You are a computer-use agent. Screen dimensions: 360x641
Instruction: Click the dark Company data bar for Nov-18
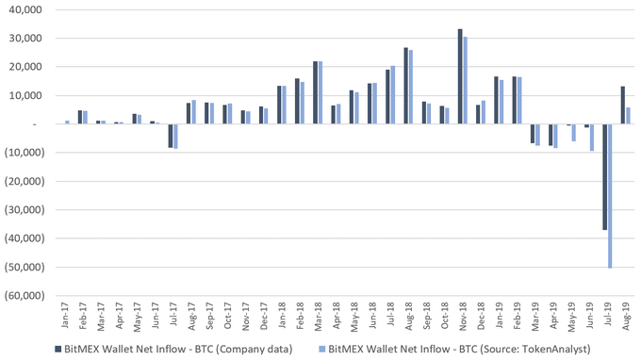click(460, 76)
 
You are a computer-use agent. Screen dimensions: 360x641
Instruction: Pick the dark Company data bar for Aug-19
click(622, 106)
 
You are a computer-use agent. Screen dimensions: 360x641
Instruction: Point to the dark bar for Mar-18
click(315, 92)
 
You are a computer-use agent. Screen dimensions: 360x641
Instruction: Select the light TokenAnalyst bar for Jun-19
click(592, 138)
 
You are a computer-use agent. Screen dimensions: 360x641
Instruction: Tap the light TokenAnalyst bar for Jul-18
click(392, 95)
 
